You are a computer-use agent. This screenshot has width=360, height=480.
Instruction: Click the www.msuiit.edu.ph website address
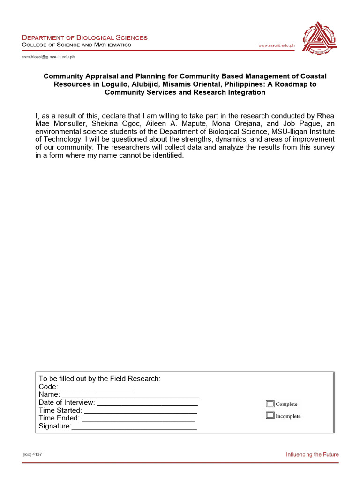click(x=277, y=45)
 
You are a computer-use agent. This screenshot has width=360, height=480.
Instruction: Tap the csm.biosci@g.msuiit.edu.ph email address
click(x=48, y=57)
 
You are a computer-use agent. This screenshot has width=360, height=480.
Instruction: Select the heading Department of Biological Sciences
click(x=85, y=37)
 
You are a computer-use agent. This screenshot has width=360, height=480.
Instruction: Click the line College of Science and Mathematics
click(x=77, y=45)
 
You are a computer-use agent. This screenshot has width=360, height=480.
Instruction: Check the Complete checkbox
click(x=270, y=404)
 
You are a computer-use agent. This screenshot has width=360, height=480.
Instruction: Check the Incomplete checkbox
click(x=270, y=415)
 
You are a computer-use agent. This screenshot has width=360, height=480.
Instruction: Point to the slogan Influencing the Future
click(x=312, y=454)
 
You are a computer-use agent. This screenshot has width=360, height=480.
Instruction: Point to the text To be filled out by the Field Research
click(x=99, y=378)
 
